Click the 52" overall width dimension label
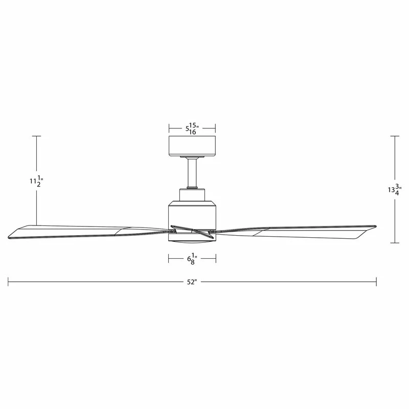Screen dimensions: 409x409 [192, 282]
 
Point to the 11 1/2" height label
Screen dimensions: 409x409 [36, 180]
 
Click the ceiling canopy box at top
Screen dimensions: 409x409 [192, 145]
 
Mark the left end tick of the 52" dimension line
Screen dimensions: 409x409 [8, 282]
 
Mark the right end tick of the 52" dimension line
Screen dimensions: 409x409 [376, 282]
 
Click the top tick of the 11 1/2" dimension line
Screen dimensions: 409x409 [36, 136]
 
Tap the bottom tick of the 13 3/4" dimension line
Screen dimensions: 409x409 [394, 242]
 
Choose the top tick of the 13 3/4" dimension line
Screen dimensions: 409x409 [394, 136]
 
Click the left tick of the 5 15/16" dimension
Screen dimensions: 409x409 [169, 128]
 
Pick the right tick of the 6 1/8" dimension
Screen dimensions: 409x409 [215, 259]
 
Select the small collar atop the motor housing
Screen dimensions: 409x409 [192, 194]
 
